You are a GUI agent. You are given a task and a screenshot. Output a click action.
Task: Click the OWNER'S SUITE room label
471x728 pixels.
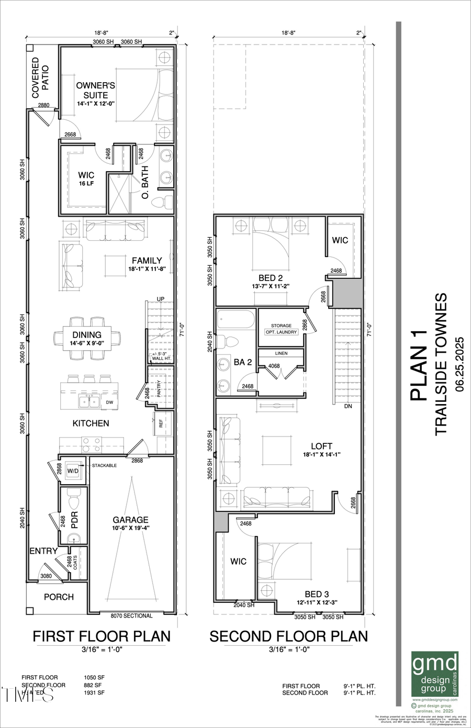coord(96,90)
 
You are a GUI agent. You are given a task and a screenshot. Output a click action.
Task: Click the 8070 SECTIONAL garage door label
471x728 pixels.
coord(131,615)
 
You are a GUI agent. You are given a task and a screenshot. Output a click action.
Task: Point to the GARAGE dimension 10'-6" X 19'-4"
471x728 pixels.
coord(130,528)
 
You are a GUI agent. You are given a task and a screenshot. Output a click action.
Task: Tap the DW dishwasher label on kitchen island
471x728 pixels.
coord(109,402)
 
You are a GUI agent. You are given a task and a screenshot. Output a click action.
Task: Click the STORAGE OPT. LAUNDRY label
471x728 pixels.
coord(281,329)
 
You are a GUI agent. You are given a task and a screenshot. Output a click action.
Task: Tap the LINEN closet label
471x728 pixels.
coord(281,353)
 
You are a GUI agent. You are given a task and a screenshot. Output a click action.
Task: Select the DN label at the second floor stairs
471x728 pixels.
coord(347,406)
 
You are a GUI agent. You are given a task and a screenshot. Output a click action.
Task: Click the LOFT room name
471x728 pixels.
coord(321,446)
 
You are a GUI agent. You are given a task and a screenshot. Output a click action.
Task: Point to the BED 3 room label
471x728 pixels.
coord(317,594)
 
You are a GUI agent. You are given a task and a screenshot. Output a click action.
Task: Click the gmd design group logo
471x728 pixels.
coord(435,674)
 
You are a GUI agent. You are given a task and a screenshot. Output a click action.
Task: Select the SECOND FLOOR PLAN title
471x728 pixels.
coord(288,636)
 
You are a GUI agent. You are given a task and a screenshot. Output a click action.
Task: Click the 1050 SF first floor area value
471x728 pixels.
coord(93,677)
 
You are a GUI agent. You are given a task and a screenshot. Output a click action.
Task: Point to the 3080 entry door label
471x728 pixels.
coord(47,576)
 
